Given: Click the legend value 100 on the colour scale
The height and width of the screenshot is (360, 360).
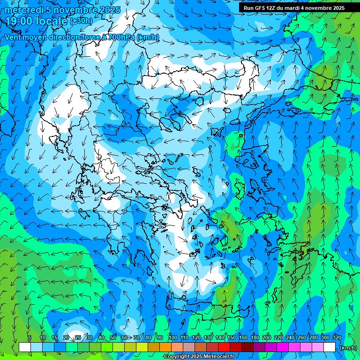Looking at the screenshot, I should click(x=173, y=337).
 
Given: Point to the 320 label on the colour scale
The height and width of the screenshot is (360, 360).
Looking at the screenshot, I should click(x=337, y=337).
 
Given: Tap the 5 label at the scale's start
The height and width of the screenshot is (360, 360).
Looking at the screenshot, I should click(x=30, y=337).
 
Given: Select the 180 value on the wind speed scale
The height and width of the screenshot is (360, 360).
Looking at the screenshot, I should click(x=255, y=337).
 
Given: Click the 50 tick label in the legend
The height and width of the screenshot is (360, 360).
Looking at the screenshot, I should click(x=113, y=337).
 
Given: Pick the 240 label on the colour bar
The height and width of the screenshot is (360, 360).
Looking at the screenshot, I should click(x=290, y=337).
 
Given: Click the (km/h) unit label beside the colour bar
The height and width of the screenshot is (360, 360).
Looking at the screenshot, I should click(x=348, y=348).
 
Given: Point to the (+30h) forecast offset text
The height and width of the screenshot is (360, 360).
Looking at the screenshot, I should click(x=81, y=21).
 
